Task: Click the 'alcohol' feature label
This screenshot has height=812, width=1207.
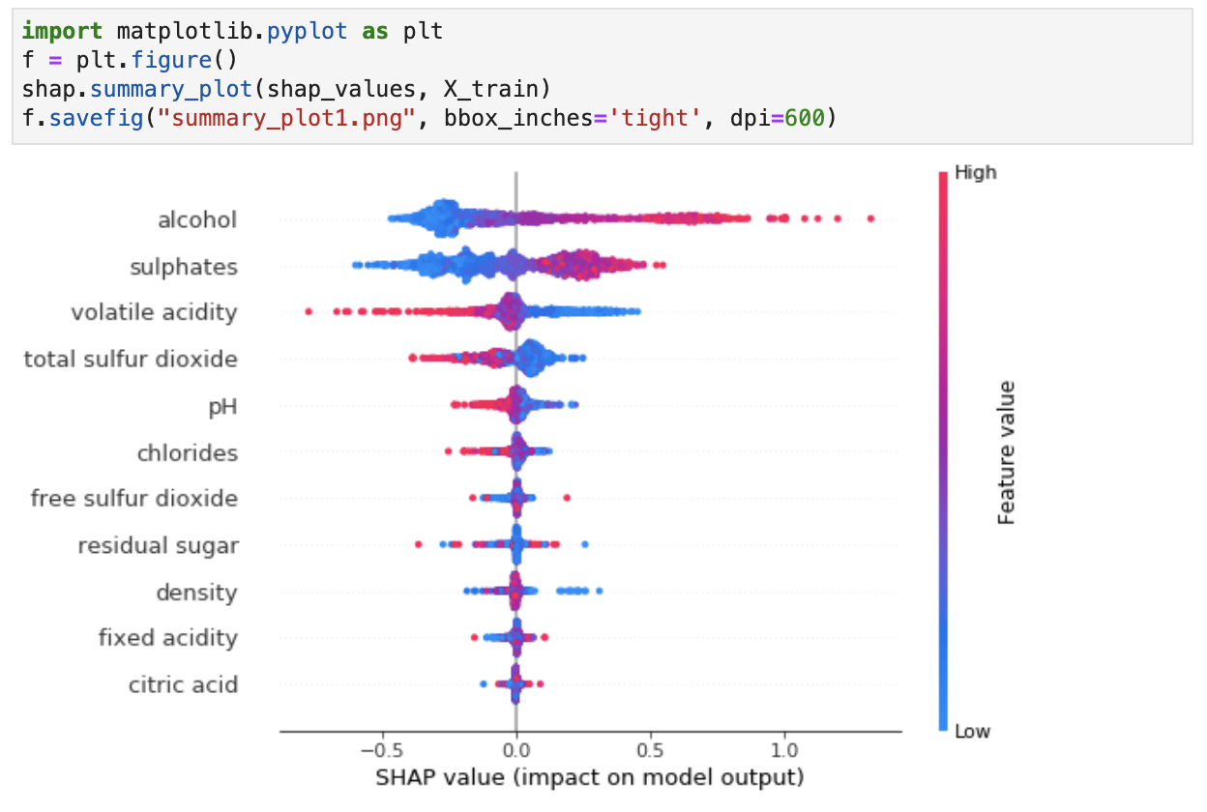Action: (197, 220)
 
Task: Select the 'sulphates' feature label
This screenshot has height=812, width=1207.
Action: (184, 267)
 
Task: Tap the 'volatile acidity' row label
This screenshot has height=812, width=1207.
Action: (154, 313)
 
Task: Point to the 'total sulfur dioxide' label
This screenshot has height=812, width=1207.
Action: (131, 360)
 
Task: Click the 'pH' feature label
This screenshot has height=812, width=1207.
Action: (223, 406)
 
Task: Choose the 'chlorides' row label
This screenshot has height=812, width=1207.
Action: (188, 452)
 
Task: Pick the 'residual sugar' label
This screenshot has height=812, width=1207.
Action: (159, 545)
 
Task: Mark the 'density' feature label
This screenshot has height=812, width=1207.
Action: (197, 592)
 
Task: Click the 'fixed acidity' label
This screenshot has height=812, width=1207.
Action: (168, 638)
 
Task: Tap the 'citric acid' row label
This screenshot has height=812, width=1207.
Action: (184, 684)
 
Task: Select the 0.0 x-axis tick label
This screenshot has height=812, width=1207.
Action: (515, 751)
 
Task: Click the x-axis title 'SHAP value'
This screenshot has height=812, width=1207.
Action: (590, 777)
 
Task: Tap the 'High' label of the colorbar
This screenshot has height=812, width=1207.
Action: (975, 173)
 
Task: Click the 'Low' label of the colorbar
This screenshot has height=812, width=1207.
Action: (972, 731)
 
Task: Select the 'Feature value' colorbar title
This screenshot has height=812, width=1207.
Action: (1007, 452)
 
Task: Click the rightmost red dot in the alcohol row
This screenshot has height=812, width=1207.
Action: (871, 219)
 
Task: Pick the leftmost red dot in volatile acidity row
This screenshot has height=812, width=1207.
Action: (309, 311)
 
